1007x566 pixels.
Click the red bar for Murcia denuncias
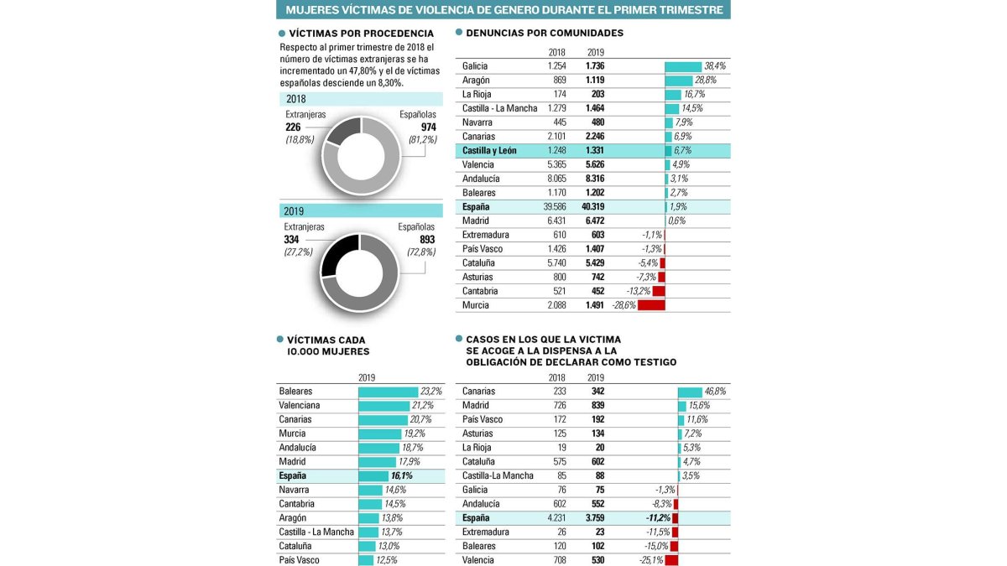tap(651, 305)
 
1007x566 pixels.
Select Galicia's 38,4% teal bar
tap(683, 66)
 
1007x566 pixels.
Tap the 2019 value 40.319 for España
tap(593, 206)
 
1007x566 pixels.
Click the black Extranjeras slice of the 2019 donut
tap(339, 255)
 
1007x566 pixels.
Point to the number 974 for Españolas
tap(429, 127)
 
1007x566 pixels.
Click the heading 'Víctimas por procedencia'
tap(362, 34)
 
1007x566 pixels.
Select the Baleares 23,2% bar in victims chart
tap(388, 392)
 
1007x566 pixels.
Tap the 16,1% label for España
tap(401, 475)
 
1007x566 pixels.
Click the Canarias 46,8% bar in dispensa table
tap(690, 392)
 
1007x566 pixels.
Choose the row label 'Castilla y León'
tap(489, 150)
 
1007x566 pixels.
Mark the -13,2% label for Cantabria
tap(639, 291)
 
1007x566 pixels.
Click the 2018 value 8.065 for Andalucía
tap(556, 179)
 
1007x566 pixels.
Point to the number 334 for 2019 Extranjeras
tap(291, 240)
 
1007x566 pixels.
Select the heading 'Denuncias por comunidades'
tap(545, 33)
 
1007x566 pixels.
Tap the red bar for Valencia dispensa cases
tap(671, 560)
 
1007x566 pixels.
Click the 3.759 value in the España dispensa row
tap(595, 518)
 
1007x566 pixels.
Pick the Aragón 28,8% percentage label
tap(706, 80)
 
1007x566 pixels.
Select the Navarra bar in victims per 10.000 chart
tap(370, 490)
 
